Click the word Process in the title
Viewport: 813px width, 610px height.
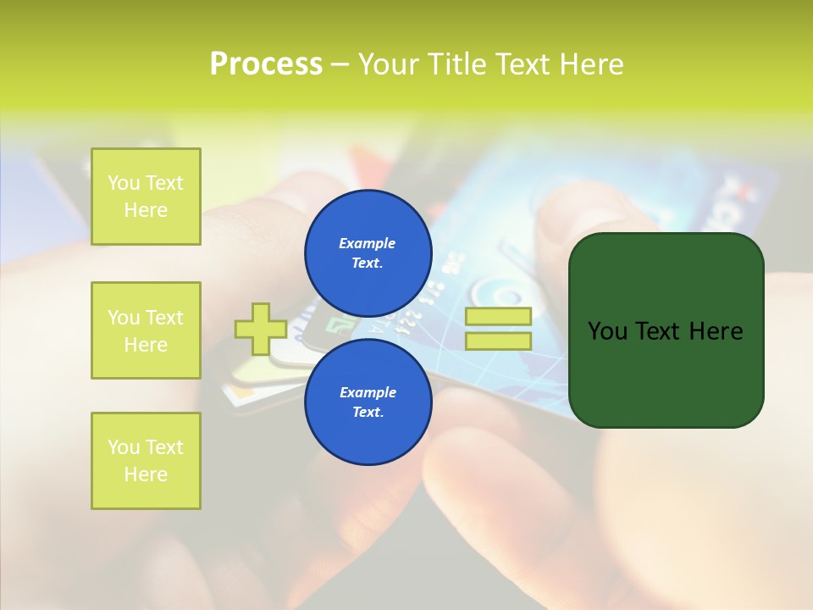coord(266,64)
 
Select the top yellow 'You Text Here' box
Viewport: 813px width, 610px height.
coord(146,197)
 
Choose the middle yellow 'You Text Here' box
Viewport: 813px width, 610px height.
coord(146,330)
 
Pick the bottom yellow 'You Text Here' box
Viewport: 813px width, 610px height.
coord(146,461)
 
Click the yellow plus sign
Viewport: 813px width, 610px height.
coord(261,329)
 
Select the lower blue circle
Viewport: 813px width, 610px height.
coord(368,402)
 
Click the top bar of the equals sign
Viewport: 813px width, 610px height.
coord(499,316)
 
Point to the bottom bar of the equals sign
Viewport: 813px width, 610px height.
coord(499,341)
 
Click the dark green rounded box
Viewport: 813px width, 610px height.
coord(666,330)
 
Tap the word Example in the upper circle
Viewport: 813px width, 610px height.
coord(368,243)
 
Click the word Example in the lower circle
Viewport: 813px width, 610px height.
coord(368,392)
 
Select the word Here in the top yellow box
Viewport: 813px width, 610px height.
coord(146,210)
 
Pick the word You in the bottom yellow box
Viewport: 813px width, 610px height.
coord(124,447)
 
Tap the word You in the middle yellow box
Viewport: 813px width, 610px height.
coord(124,318)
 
